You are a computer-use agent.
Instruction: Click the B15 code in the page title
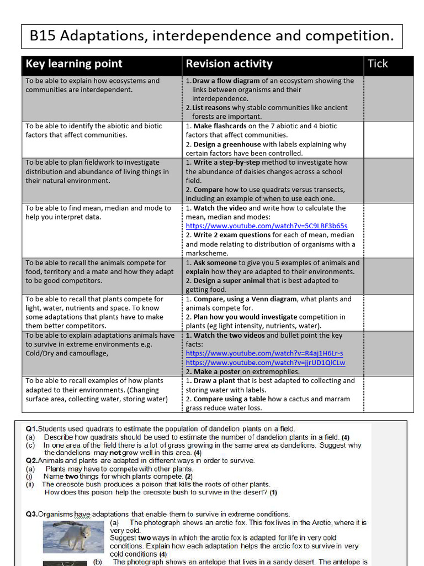[43, 36]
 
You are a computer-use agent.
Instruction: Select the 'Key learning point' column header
[74, 64]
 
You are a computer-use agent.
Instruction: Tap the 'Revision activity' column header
[229, 64]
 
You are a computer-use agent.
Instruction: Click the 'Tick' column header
[378, 64]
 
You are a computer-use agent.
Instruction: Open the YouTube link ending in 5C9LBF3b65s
[267, 226]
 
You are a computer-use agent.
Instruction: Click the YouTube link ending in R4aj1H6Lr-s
[264, 353]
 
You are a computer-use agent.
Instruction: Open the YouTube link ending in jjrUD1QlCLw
[265, 363]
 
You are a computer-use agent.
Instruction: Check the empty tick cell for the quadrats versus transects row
[388, 180]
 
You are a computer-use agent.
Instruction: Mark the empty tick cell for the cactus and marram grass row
[388, 394]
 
